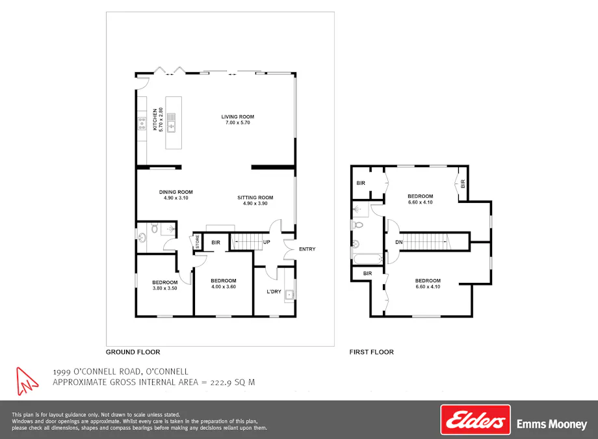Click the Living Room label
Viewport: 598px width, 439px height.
(237, 117)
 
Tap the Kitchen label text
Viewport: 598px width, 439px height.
(155, 120)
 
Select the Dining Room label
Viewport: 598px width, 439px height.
(176, 192)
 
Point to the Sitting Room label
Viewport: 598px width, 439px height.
(255, 197)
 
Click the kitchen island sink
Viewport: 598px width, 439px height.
(172, 122)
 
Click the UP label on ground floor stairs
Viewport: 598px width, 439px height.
(266, 243)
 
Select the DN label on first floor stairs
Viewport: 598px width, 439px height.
(399, 243)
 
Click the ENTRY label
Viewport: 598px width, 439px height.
(307, 249)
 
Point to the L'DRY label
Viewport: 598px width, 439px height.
(274, 291)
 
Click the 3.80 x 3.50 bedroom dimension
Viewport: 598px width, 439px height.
(165, 288)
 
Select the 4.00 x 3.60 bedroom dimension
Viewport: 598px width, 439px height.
(223, 287)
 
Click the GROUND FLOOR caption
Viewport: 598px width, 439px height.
(133, 352)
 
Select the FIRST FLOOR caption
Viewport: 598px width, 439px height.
(371, 352)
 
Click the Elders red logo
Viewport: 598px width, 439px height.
(475, 420)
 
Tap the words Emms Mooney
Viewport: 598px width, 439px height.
(551, 424)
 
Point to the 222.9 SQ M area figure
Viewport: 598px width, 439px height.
(233, 382)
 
